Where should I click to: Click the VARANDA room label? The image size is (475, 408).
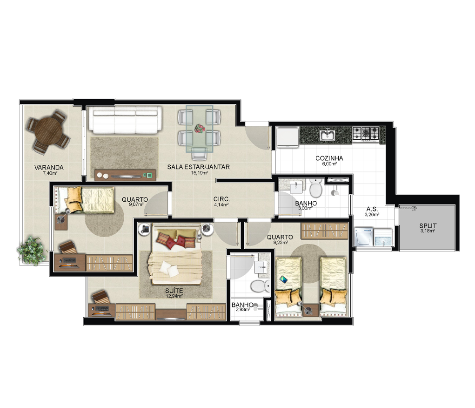pyautogui.click(x=49, y=168)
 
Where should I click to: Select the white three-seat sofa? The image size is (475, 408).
pyautogui.click(x=125, y=120)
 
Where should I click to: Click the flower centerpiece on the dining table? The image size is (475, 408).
pyautogui.click(x=200, y=128)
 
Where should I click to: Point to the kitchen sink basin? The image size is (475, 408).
pyautogui.click(x=327, y=135)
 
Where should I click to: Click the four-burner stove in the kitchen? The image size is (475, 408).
pyautogui.click(x=366, y=134)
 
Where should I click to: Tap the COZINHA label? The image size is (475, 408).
pyautogui.click(x=329, y=158)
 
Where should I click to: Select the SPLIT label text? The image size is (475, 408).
pyautogui.click(x=428, y=226)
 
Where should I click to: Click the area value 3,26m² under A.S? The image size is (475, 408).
pyautogui.click(x=372, y=214)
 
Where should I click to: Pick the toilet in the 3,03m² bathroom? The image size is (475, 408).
pyautogui.click(x=316, y=188)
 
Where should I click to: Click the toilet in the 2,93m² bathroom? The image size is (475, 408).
pyautogui.click(x=260, y=286)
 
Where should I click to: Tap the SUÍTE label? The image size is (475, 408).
pyautogui.click(x=174, y=291)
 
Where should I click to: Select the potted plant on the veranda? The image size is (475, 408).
pyautogui.click(x=30, y=250)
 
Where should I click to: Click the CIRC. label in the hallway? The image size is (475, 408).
pyautogui.click(x=221, y=199)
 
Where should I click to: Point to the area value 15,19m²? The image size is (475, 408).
pyautogui.click(x=199, y=173)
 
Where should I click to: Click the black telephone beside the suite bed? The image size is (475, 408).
pyautogui.click(x=145, y=229)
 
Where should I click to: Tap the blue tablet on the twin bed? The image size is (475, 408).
pyautogui.click(x=284, y=279)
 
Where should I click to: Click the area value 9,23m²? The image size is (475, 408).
pyautogui.click(x=280, y=242)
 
